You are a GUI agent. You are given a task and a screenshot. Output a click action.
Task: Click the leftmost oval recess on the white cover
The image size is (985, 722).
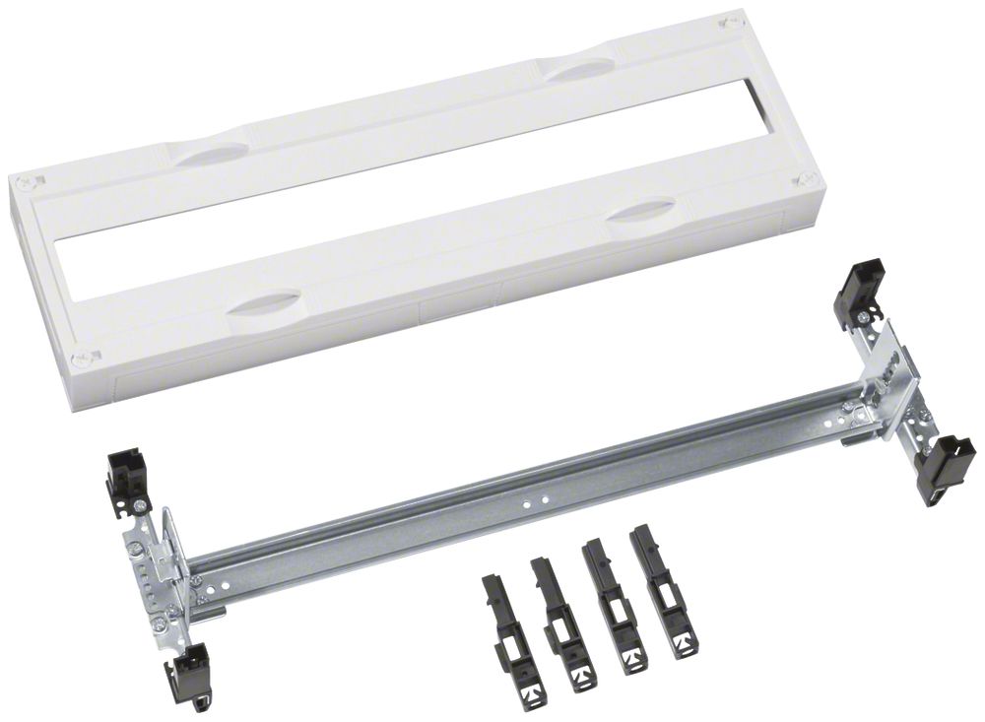pos(207,153)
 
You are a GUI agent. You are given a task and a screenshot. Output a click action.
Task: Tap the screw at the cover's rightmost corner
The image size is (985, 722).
pos(806,179)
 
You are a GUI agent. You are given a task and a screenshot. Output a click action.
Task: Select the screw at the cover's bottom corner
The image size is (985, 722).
pos(88,358)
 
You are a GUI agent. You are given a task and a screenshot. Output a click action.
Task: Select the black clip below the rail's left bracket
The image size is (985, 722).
pos(186,674)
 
